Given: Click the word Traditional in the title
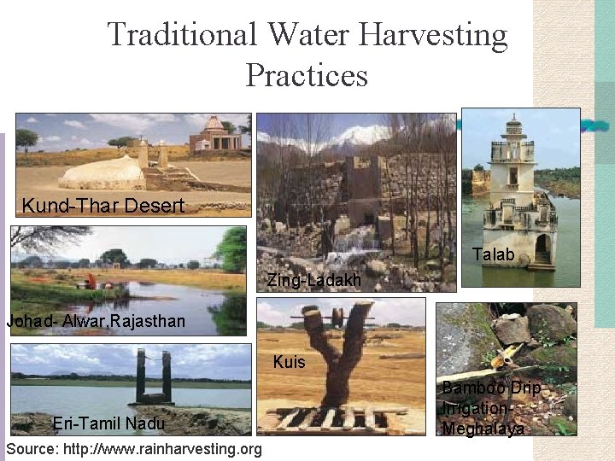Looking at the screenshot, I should pyautogui.click(x=181, y=35).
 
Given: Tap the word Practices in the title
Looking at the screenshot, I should pyautogui.click(x=307, y=75).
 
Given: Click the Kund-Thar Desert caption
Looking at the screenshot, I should pyautogui.click(x=102, y=206).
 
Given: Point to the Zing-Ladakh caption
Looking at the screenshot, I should pyautogui.click(x=313, y=280).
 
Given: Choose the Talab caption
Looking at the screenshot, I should pyautogui.click(x=493, y=254).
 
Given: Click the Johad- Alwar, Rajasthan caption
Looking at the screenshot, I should pyautogui.click(x=96, y=322).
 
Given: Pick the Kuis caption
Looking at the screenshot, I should pyautogui.click(x=289, y=362).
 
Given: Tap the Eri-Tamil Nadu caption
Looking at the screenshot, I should pyautogui.click(x=108, y=423).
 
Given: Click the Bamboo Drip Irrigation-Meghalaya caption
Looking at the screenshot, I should pyautogui.click(x=490, y=409).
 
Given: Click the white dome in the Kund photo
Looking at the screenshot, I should pyautogui.click(x=102, y=173).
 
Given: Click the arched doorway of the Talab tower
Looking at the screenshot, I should pyautogui.click(x=542, y=248).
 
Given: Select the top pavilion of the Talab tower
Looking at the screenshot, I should pyautogui.click(x=513, y=129).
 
